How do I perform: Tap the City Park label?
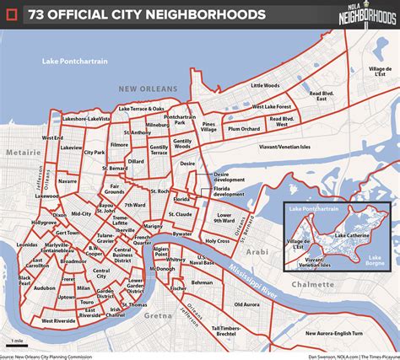pyautogui.click(x=94, y=153)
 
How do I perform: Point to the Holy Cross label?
pyautogui.click(x=218, y=241)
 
